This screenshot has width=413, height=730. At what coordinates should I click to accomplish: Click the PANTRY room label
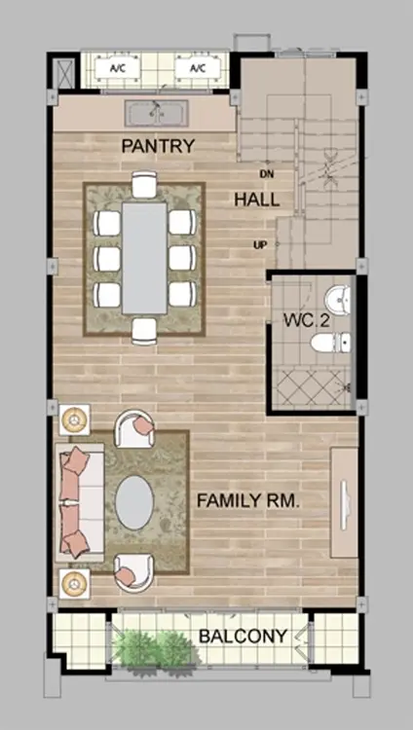158,146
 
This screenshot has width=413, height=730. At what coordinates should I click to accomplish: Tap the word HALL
257,200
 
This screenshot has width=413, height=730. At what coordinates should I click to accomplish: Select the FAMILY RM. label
247,501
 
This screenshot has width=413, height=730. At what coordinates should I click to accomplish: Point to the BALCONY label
243,636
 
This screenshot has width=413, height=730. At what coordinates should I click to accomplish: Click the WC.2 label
304,321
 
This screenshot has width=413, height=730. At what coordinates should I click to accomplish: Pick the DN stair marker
266,174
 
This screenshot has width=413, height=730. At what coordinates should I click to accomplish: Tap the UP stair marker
260,245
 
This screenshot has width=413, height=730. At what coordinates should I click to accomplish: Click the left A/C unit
118,68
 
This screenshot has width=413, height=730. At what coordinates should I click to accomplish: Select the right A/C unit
198,68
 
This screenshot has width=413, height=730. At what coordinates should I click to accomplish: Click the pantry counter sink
156,113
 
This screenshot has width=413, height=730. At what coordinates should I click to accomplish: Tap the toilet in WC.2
331,343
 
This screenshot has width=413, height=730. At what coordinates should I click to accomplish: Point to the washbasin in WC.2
338,301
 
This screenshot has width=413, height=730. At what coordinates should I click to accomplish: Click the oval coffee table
134,502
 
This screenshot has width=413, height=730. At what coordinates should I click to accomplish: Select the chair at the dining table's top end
144,184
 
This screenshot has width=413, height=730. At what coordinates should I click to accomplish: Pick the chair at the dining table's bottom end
144,331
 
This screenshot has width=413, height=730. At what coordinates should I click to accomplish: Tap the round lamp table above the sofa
74,420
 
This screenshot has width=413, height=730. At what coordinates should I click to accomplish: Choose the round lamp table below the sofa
74,583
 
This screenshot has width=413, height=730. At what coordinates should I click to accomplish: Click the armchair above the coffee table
134,429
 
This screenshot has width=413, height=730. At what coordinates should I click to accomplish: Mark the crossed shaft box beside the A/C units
63,73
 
